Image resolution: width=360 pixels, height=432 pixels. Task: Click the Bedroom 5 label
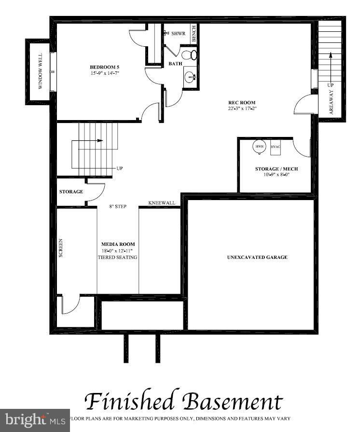pos(104,67)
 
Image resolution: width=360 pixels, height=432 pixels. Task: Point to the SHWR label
pos(178,34)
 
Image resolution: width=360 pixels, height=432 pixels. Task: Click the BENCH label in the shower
pos(194,33)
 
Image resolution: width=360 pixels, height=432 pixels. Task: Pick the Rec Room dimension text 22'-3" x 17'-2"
pos(242,109)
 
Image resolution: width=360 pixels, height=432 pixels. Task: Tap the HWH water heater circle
pos(259,147)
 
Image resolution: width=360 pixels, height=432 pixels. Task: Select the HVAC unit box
pos(276,147)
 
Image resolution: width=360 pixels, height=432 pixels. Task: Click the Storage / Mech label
pos(276,169)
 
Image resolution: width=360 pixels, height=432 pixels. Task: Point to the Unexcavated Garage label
pos(257,257)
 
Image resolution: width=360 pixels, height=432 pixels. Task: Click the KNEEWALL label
pos(162,203)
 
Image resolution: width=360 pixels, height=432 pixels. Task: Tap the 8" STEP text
pos(118,206)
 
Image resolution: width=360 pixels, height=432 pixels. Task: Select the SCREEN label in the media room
pos(61,247)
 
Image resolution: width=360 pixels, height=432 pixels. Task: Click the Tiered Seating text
pos(117,257)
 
